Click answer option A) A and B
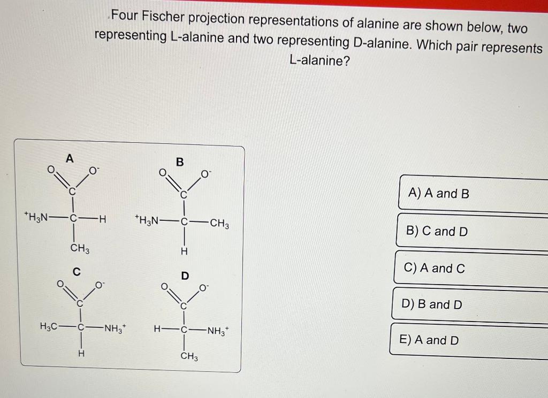tap(438, 194)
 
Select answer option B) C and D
tap(437, 231)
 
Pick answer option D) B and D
tap(431, 304)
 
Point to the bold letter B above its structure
tap(180, 162)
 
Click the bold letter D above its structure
tap(185, 277)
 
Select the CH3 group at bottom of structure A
tap(80, 249)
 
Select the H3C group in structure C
tap(50, 326)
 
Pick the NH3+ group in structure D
tap(218, 330)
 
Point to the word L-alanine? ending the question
tap(319, 60)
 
